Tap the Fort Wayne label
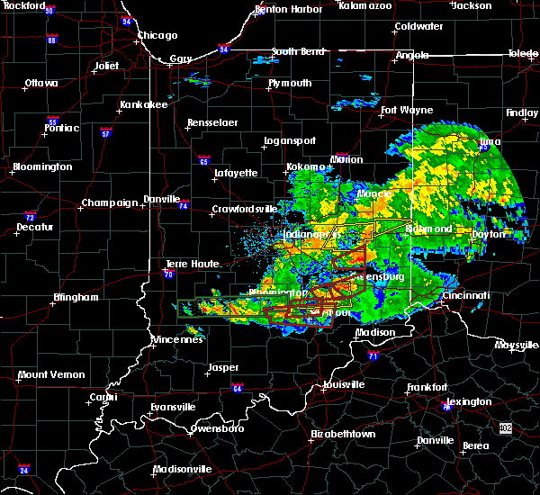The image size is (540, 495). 402,111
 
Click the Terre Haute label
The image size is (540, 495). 187,264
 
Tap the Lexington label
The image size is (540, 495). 470,401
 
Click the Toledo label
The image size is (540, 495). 522,54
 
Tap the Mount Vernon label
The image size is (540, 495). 51,374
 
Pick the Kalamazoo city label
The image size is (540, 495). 365,5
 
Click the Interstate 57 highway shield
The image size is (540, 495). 105,133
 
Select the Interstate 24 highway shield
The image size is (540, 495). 23,470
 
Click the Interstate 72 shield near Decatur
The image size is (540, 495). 30,218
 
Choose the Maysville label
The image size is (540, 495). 516,345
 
